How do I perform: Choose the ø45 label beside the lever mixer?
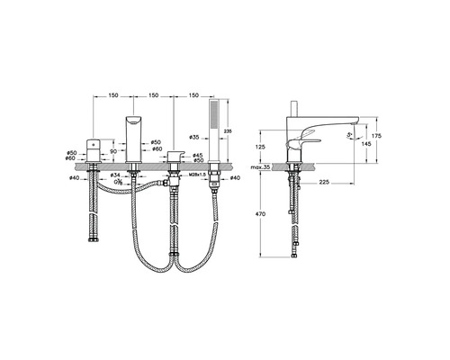coord(198,155)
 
